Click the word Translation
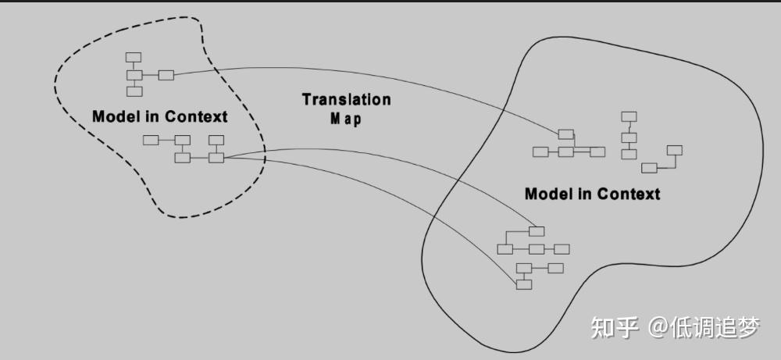coord(346,100)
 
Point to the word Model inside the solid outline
coord(548,194)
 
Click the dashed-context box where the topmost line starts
coord(166,75)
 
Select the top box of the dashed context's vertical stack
coord(134,57)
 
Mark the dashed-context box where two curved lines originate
coord(216,158)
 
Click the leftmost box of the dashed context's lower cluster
coord(151,140)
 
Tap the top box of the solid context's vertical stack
coord(629,117)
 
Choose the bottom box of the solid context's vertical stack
coord(629,154)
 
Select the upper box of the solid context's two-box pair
coord(674,150)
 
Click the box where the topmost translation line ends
coord(565,134)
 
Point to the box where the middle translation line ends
coord(536,231)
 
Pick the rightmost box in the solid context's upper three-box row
coord(597,151)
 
